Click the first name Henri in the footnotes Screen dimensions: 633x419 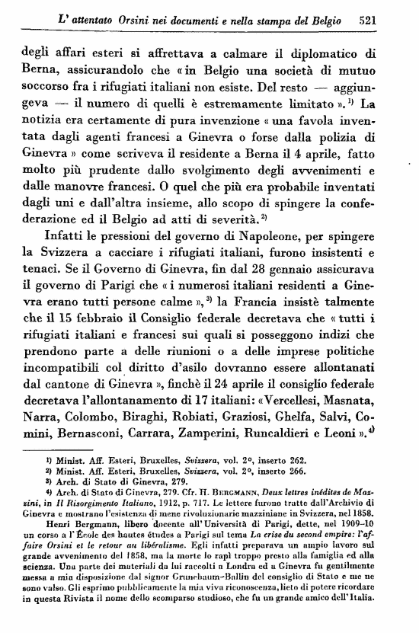pos(55,526)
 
